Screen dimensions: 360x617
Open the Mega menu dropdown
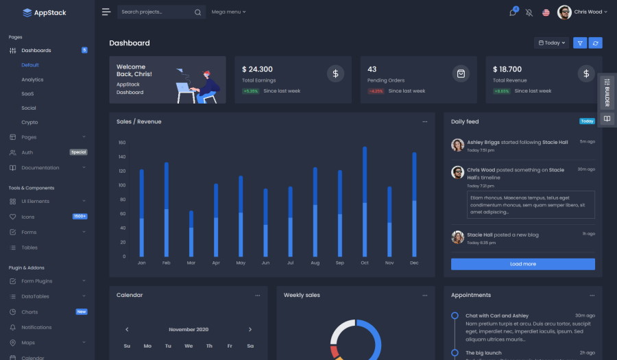click(x=228, y=12)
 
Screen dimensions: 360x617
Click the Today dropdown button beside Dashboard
click(x=552, y=43)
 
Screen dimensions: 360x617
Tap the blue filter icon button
click(x=580, y=43)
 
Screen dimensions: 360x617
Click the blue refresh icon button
click(x=596, y=43)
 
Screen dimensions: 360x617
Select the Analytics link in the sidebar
click(x=32, y=80)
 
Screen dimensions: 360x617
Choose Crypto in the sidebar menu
click(x=29, y=122)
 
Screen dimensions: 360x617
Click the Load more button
click(x=522, y=264)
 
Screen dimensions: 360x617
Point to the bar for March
click(x=191, y=233)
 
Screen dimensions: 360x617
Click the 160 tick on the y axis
click(x=122, y=143)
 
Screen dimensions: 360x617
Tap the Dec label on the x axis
click(x=414, y=263)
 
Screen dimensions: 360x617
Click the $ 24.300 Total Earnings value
click(x=257, y=69)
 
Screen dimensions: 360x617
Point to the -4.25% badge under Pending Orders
click(x=376, y=91)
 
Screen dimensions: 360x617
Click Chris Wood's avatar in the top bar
click(x=564, y=12)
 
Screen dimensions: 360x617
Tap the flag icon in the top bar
click(x=546, y=12)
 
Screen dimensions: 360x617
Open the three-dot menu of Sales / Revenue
click(x=425, y=121)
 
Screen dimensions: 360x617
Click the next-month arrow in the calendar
click(x=250, y=329)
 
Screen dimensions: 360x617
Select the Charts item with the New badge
click(x=29, y=312)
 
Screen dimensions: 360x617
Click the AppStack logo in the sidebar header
click(x=45, y=12)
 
